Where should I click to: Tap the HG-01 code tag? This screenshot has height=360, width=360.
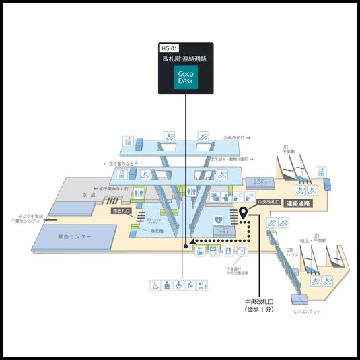coord(169,49)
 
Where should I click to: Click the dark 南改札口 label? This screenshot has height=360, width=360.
coord(120,211)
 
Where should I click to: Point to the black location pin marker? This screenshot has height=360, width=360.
coord(243,213)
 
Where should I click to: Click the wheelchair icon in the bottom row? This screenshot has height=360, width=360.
coord(154,285)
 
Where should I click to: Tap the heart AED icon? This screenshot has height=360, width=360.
coord(218,220)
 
